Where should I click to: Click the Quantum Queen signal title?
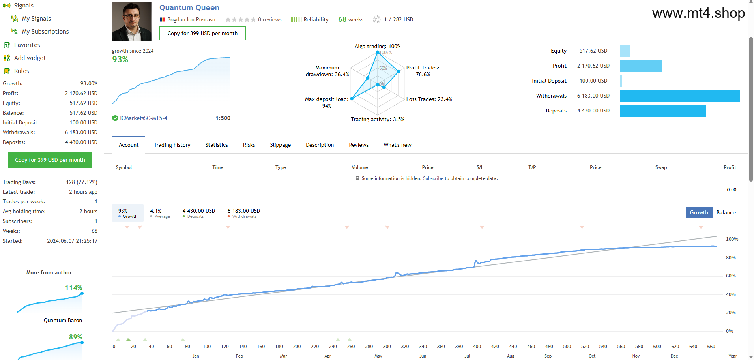[189, 8]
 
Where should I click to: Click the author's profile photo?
[132, 21]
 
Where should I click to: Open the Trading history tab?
[172, 145]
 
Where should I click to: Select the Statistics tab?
[217, 145]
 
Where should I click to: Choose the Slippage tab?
[281, 145]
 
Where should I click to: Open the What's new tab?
[397, 145]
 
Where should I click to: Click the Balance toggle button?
[726, 212]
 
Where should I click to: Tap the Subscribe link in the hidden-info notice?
[433, 178]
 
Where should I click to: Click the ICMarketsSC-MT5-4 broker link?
[144, 118]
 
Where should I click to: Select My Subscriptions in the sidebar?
[45, 32]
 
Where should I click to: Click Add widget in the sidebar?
[30, 58]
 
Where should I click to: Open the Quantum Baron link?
[63, 321]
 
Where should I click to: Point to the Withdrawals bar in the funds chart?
[680, 96]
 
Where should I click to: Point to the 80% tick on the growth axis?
[731, 258]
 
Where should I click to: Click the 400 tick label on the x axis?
[477, 347]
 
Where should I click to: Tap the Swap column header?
[661, 167]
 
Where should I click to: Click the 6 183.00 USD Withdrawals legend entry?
[244, 213]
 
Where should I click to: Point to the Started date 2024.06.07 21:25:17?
[72, 241]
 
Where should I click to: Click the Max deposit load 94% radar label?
[327, 103]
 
